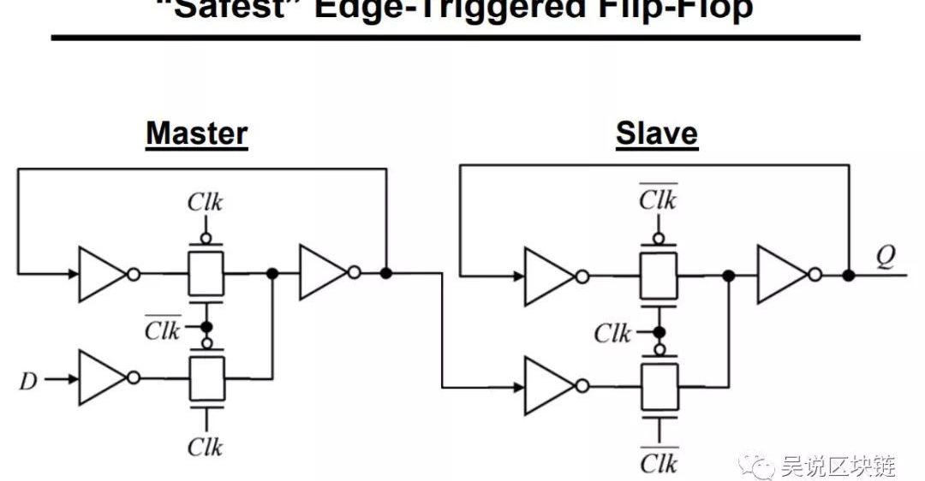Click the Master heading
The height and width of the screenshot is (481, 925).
pyautogui.click(x=196, y=134)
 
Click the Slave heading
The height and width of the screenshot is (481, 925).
pyautogui.click(x=657, y=134)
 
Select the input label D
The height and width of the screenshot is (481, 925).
pyautogui.click(x=28, y=379)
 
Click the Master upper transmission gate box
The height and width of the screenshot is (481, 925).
pyautogui.click(x=206, y=274)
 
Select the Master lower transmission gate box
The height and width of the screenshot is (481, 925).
pyautogui.click(x=206, y=378)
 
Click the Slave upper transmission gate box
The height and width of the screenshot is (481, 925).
pyautogui.click(x=659, y=276)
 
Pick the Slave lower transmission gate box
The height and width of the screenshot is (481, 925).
pyautogui.click(x=659, y=386)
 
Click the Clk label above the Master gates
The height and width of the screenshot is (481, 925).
pyautogui.click(x=206, y=203)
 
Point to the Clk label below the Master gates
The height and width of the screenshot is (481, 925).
pyautogui.click(x=206, y=447)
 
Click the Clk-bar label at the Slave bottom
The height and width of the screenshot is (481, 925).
pyautogui.click(x=659, y=462)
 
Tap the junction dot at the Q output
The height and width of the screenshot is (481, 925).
pyautogui.click(x=848, y=276)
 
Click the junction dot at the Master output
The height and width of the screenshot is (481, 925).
pyautogui.click(x=386, y=273)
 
